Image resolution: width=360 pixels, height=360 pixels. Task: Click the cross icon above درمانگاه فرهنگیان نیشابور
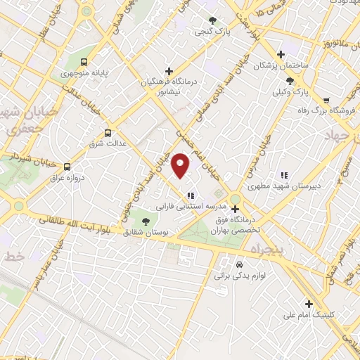point(169,71)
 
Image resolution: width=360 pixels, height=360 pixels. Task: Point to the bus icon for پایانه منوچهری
point(84,62)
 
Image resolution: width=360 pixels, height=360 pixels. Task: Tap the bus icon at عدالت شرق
point(108,132)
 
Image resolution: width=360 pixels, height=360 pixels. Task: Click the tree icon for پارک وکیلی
point(301,82)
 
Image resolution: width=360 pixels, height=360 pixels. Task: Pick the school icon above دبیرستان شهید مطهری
point(284,175)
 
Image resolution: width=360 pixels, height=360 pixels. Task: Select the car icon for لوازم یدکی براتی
point(240,264)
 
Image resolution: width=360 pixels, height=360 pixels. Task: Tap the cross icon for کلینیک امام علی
point(308,304)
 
